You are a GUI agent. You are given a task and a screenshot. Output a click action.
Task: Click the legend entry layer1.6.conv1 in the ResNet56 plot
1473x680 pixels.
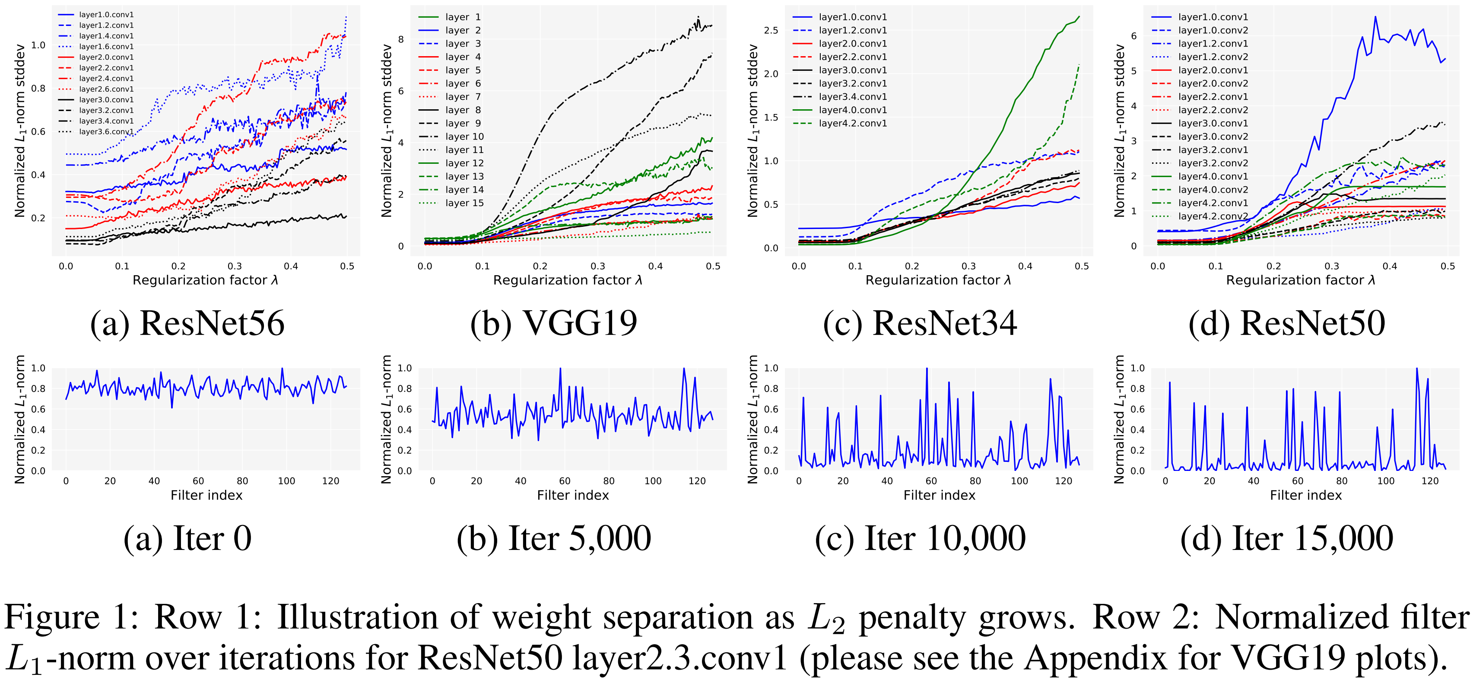(x=106, y=46)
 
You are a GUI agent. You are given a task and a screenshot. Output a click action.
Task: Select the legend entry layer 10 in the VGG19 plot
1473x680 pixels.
(x=464, y=137)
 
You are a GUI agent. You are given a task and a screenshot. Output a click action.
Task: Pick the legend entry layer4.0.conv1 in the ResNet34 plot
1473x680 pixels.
(x=853, y=110)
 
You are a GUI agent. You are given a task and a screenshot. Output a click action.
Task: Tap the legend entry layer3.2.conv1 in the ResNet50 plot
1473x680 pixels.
(x=1213, y=150)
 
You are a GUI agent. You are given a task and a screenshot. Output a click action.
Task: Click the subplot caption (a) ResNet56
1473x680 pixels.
(x=187, y=323)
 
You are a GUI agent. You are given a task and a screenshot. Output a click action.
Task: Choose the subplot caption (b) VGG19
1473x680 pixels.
(x=553, y=323)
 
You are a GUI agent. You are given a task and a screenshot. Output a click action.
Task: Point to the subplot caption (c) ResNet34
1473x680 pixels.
(x=920, y=323)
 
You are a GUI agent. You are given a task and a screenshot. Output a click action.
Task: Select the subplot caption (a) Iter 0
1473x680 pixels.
(x=187, y=538)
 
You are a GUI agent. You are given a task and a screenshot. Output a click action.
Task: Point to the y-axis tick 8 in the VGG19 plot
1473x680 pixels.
(x=401, y=39)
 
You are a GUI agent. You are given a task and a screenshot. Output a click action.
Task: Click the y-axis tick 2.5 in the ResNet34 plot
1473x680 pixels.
(x=771, y=30)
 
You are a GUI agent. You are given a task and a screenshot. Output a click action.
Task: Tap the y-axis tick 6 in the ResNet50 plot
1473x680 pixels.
(x=1134, y=36)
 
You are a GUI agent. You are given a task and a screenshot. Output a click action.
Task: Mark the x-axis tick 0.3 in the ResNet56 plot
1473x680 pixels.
(x=235, y=266)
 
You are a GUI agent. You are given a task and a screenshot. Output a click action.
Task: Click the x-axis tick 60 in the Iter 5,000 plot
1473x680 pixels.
(x=565, y=481)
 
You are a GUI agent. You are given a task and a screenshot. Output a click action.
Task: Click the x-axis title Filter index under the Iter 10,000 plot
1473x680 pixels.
(x=939, y=495)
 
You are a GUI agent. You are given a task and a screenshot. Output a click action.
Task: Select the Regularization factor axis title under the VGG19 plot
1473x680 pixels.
(x=567, y=280)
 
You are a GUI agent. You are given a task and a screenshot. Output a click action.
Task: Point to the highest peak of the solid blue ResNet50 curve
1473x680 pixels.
(x=1375, y=17)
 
